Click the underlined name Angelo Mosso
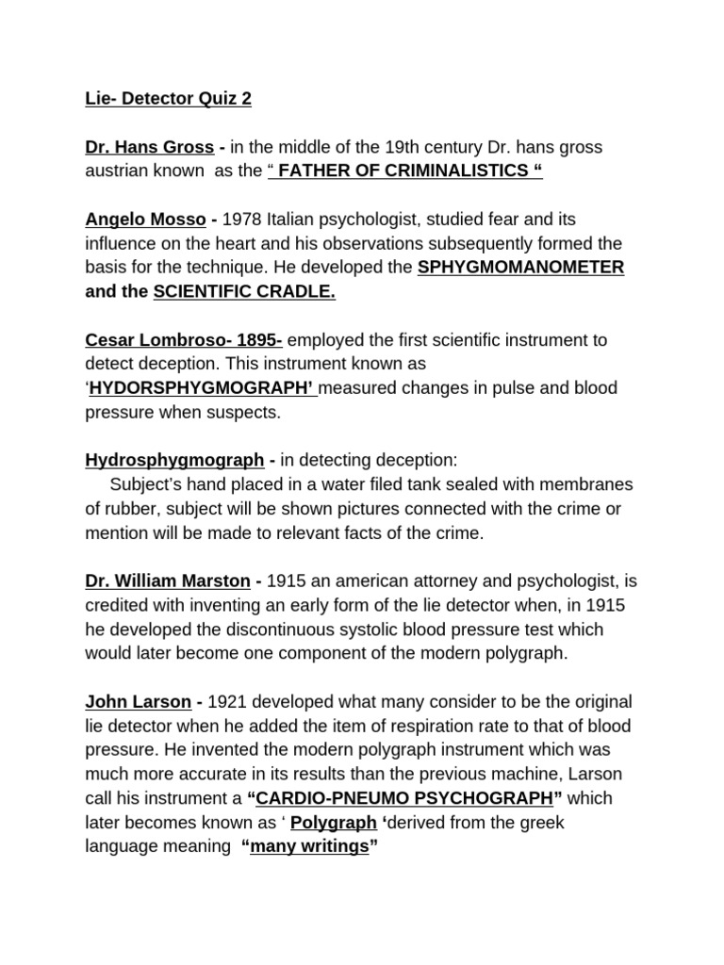[x=146, y=220]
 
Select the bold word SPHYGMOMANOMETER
[x=520, y=268]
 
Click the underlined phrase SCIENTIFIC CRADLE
[x=244, y=291]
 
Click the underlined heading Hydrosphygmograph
[x=174, y=460]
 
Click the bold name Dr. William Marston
[x=168, y=581]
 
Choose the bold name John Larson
[x=138, y=701]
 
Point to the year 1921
[x=228, y=701]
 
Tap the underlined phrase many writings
[x=308, y=846]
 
